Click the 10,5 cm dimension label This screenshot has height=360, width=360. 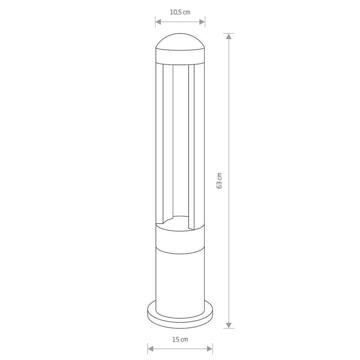tap(180, 12)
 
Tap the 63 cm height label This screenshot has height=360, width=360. tap(219, 181)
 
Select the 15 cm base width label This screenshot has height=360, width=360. tap(180, 339)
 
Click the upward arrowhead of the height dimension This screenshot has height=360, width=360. tap(229, 36)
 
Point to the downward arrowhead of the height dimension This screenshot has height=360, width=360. tap(229, 325)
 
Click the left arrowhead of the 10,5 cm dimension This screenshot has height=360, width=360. tap(158, 22)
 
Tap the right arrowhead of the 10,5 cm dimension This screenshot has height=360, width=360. tap(202, 22)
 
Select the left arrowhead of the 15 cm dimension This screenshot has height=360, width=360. tap(150, 349)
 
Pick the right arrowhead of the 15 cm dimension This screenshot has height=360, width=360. tap(210, 349)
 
